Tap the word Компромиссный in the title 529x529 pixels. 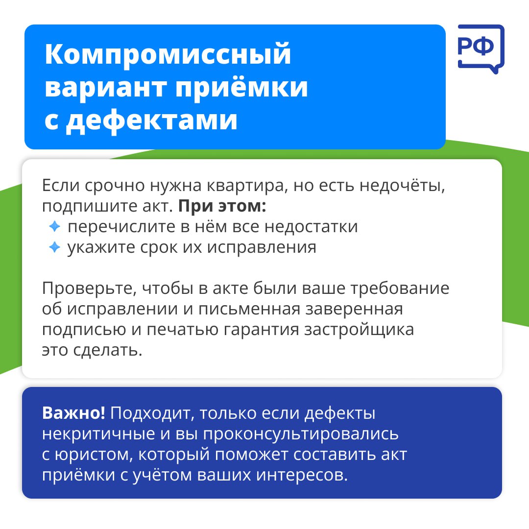[x=168, y=54]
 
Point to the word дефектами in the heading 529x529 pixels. [x=152, y=120]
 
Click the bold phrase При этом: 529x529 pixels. [x=222, y=206]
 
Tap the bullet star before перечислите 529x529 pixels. [x=54, y=226]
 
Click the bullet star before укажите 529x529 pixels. [x=54, y=247]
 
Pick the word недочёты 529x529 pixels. [x=402, y=186]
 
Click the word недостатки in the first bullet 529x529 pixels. [x=311, y=227]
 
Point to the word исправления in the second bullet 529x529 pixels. [x=262, y=248]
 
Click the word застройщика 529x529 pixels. [x=359, y=330]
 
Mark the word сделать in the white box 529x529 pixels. [x=108, y=351]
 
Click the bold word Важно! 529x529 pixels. [x=73, y=413]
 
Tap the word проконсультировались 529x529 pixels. [x=301, y=434]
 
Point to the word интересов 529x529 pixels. [x=302, y=475]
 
